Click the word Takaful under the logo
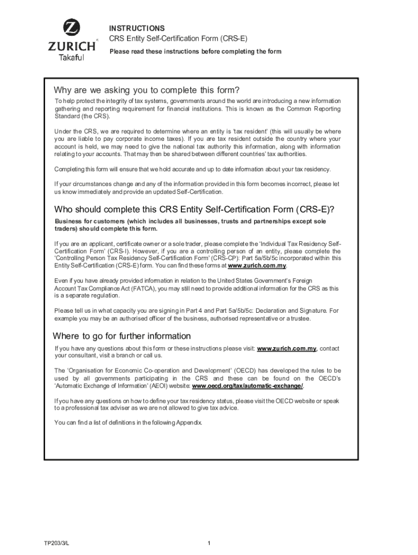click(71, 59)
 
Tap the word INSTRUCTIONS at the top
click(137, 28)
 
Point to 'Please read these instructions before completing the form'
click(195, 51)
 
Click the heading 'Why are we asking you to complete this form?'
click(147, 89)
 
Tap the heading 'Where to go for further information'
click(122, 336)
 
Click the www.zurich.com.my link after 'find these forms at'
click(257, 266)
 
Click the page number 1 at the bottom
click(209, 543)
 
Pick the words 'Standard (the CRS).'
click(82, 117)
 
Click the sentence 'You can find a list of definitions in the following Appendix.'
click(128, 423)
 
